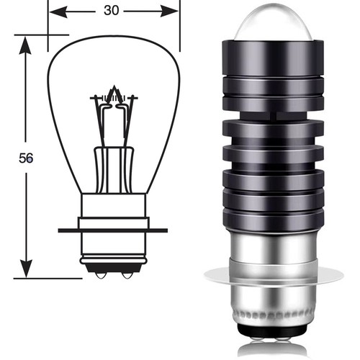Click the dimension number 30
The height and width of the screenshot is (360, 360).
click(111, 11)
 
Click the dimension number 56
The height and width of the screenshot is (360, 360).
click(26, 158)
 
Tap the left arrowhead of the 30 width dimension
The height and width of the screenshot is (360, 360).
click(58, 12)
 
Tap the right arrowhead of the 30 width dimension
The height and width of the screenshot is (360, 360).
click(169, 12)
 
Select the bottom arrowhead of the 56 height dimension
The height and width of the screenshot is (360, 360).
click(26, 268)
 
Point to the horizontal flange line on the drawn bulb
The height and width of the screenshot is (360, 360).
click(113, 230)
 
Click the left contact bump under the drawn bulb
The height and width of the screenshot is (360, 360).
click(101, 275)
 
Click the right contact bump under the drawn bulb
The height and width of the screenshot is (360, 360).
click(127, 275)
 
